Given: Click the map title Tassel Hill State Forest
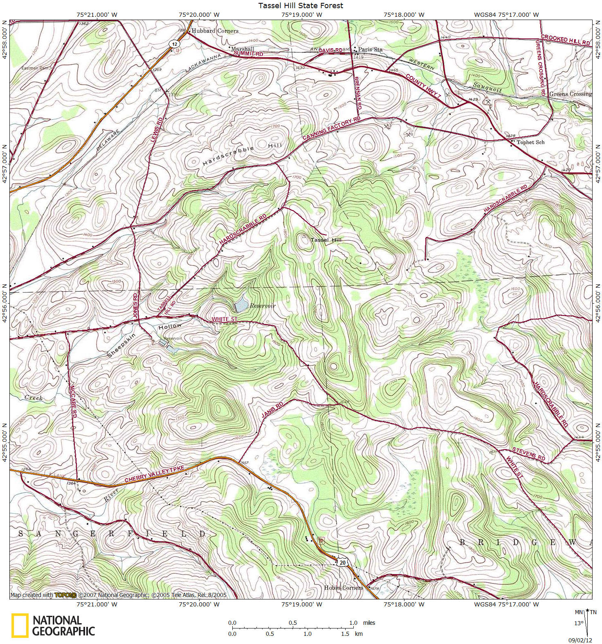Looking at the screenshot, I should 301,6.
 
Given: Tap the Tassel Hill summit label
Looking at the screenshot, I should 326,240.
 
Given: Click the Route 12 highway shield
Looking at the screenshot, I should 175,44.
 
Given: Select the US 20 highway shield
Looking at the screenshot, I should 343,563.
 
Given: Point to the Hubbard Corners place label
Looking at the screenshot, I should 215,31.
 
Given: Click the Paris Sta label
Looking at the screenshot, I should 370,49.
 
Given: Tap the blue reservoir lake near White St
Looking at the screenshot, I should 240,304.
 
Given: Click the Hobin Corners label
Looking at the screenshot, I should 344,588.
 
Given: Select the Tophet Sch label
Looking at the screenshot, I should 530,142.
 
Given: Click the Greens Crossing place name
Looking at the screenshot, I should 570,94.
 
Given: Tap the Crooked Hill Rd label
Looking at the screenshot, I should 566,40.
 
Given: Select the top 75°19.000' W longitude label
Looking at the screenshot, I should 301,15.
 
